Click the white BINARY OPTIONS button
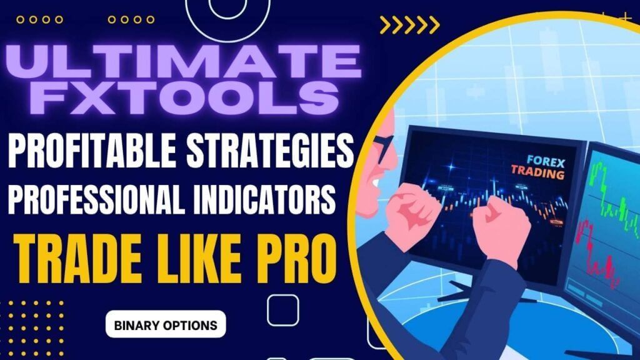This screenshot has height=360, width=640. (166, 325)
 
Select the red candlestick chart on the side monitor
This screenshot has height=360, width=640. (600, 250)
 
